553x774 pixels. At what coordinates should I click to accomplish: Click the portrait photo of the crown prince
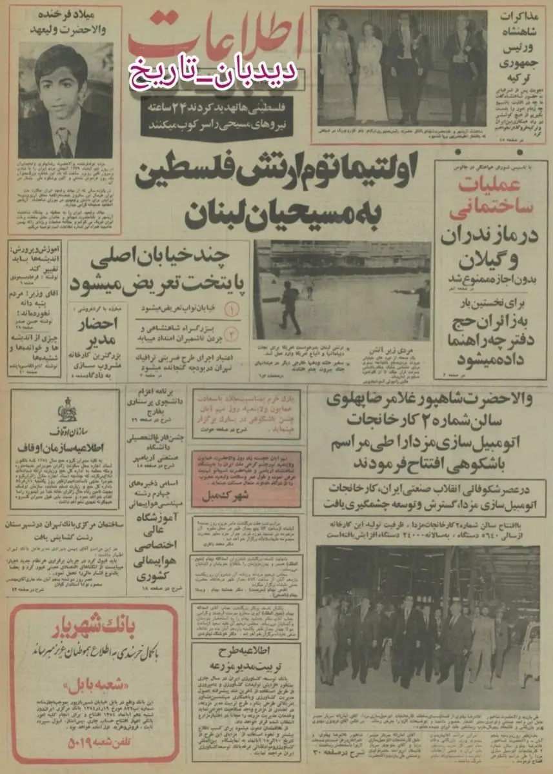pyautogui.click(x=65, y=100)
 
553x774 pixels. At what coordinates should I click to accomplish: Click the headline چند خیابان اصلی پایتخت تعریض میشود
pyautogui.click(x=158, y=271)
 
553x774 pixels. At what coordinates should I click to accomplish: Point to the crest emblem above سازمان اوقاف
pyautogui.click(x=65, y=413)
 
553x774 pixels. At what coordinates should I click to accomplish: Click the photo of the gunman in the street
pyautogui.click(x=342, y=290)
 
